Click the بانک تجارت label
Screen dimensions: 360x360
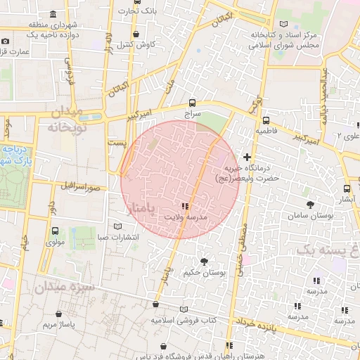click(x=136, y=11)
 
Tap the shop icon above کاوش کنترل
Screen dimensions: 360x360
click(x=136, y=34)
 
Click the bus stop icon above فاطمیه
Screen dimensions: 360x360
click(x=265, y=120)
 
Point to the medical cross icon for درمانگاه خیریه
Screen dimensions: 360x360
click(x=247, y=156)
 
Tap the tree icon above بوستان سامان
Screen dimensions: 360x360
click(x=310, y=205)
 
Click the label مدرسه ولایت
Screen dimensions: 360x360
click(x=186, y=217)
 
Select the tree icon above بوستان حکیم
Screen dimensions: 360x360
click(x=204, y=261)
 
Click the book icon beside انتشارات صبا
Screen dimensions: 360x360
click(x=117, y=226)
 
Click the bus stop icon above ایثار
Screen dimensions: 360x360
click(x=347, y=188)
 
